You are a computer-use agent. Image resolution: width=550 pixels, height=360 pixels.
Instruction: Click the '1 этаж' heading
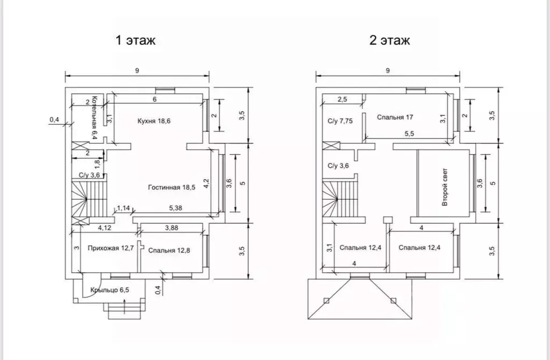pyautogui.click(x=135, y=40)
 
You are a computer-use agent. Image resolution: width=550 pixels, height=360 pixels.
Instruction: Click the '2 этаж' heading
pyautogui.click(x=389, y=40)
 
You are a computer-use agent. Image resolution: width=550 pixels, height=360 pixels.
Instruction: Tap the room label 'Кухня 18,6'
pyautogui.click(x=154, y=121)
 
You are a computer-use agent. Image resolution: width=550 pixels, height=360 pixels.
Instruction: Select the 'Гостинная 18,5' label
pyautogui.click(x=172, y=188)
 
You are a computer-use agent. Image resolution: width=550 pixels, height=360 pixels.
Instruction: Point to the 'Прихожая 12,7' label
pyautogui.click(x=111, y=248)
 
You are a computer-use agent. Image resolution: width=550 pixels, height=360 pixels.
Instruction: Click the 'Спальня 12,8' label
pyautogui.click(x=169, y=250)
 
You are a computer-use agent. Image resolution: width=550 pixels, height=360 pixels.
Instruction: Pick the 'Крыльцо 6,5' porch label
pyautogui.click(x=110, y=290)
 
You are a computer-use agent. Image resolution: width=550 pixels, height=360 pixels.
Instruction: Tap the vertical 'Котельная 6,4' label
pyautogui.click(x=94, y=118)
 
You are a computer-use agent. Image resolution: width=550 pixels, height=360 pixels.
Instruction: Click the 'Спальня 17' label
pyautogui.click(x=395, y=117)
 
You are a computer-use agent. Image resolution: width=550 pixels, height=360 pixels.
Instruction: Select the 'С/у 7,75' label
pyautogui.click(x=340, y=121)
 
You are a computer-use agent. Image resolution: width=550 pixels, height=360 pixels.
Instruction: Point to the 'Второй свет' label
pyautogui.click(x=445, y=187)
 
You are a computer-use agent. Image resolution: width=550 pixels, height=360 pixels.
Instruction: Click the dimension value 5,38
pyautogui.click(x=175, y=208)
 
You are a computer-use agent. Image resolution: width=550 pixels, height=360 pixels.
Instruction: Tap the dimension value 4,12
pyautogui.click(x=104, y=228)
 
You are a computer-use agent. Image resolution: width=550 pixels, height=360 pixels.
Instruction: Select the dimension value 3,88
pyautogui.click(x=172, y=228)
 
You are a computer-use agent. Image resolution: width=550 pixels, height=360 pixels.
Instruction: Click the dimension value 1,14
pyautogui.click(x=123, y=208)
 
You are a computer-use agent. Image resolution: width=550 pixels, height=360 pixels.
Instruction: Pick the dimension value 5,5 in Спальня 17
pyautogui.click(x=409, y=134)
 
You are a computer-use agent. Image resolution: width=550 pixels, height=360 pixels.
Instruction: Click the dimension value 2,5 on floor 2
pyautogui.click(x=342, y=100)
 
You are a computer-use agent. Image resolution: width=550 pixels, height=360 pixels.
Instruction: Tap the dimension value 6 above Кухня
pyautogui.click(x=154, y=100)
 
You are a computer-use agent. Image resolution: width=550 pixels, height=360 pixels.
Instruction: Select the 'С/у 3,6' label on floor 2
pyautogui.click(x=338, y=166)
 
